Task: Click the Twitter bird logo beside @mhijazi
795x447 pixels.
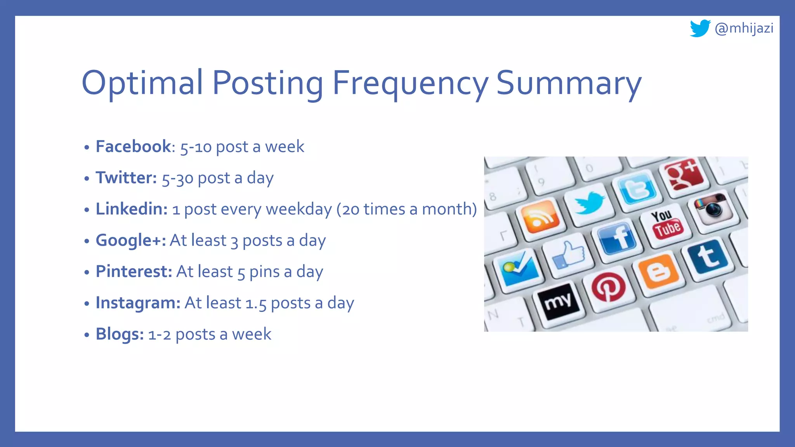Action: click(x=700, y=28)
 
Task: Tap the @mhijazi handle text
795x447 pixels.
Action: click(x=744, y=28)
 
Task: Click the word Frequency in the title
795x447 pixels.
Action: click(x=410, y=83)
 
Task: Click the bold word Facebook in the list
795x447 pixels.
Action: click(x=133, y=147)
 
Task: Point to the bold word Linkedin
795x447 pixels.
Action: click(x=132, y=209)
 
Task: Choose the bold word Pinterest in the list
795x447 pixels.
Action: click(x=134, y=272)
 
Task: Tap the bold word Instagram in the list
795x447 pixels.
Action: click(x=138, y=303)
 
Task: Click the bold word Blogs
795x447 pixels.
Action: click(x=120, y=334)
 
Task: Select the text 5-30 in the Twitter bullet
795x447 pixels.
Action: click(x=177, y=178)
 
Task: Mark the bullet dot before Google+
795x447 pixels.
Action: click(x=87, y=241)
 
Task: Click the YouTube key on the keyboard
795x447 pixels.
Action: click(x=666, y=225)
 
